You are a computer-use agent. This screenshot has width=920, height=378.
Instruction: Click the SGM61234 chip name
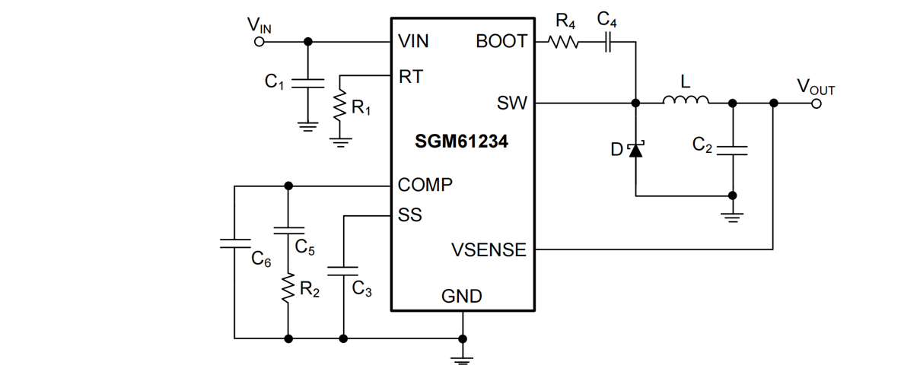pyautogui.click(x=461, y=142)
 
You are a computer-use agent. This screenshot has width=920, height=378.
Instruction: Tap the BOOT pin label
pyautogui.click(x=501, y=42)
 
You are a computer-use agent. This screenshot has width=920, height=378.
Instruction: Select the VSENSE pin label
pyautogui.click(x=489, y=249)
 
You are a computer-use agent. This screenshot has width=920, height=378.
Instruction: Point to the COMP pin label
pyautogui.click(x=425, y=185)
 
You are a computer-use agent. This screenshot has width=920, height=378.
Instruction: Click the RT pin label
pyautogui.click(x=410, y=76)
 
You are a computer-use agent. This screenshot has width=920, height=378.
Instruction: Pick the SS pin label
pyautogui.click(x=409, y=215)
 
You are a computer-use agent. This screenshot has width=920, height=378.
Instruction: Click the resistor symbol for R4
pyautogui.click(x=564, y=42)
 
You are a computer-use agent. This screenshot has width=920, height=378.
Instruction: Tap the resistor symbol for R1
pyautogui.click(x=339, y=107)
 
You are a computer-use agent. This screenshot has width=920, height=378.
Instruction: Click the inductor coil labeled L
pyautogui.click(x=686, y=101)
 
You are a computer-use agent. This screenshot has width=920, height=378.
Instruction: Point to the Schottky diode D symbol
pyautogui.click(x=635, y=149)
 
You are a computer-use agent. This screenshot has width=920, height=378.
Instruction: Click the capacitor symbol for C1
pyautogui.click(x=307, y=81)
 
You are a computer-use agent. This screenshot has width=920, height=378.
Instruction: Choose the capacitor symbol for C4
pyautogui.click(x=608, y=42)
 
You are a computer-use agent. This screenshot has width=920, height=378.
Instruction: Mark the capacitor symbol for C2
pyautogui.click(x=732, y=150)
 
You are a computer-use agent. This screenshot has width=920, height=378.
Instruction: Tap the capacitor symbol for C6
pyautogui.click(x=234, y=243)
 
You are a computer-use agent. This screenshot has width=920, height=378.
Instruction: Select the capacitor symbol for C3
pyautogui.click(x=343, y=269)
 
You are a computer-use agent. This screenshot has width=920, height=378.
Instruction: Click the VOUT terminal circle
pyautogui.click(x=816, y=103)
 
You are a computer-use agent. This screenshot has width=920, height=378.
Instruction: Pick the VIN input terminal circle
pyautogui.click(x=259, y=42)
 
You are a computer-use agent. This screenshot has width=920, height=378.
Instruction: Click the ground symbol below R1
pyautogui.click(x=339, y=141)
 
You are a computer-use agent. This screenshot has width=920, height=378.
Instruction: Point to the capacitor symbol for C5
pyautogui.click(x=288, y=229)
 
